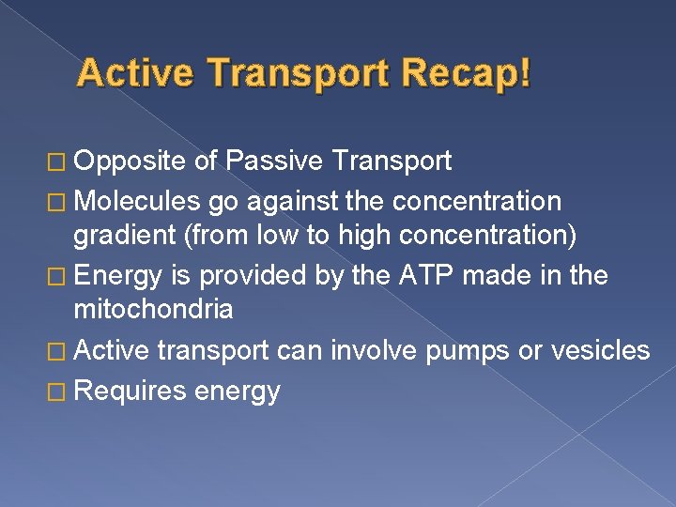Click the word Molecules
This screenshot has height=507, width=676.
(136, 201)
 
